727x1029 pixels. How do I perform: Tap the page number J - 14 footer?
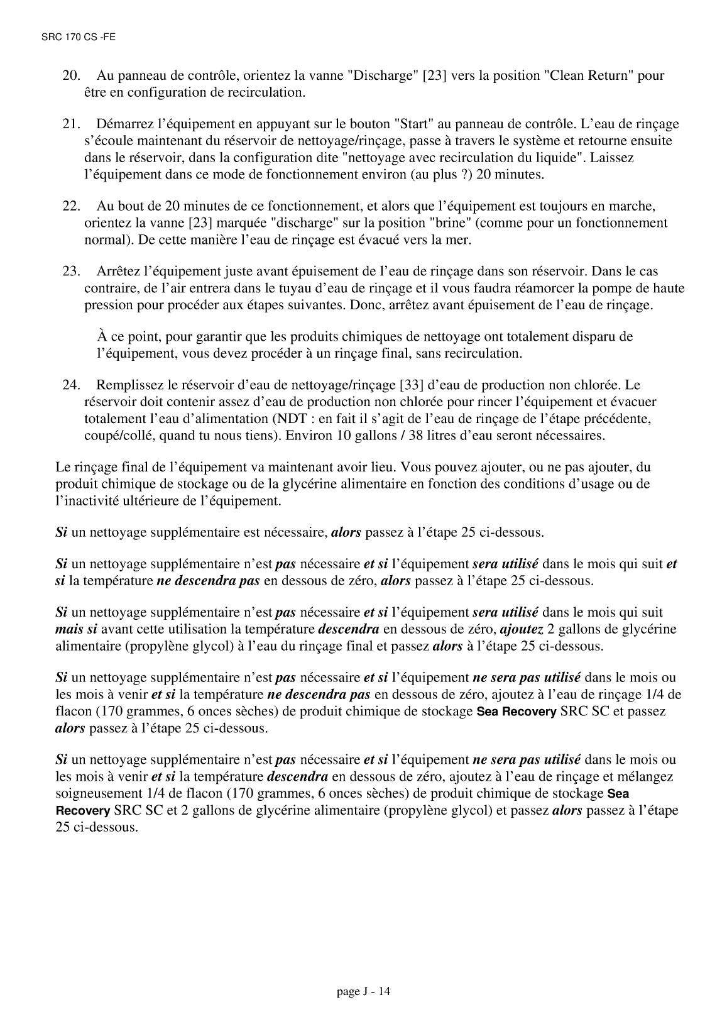(x=364, y=992)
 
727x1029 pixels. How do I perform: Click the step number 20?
(x=70, y=76)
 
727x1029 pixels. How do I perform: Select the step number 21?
(x=70, y=124)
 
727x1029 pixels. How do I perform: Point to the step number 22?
(x=70, y=206)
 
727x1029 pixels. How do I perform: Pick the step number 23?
(x=70, y=272)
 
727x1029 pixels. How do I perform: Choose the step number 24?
(x=70, y=385)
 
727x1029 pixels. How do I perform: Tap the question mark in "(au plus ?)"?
(x=464, y=173)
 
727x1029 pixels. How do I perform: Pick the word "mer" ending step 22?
(x=460, y=239)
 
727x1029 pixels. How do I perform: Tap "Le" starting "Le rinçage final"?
(x=62, y=467)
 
